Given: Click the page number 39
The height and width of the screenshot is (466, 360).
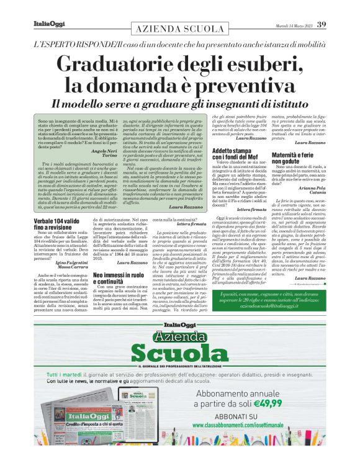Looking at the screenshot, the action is [x=322, y=25].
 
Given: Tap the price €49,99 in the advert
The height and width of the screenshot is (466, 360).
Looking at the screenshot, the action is [x=286, y=413].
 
